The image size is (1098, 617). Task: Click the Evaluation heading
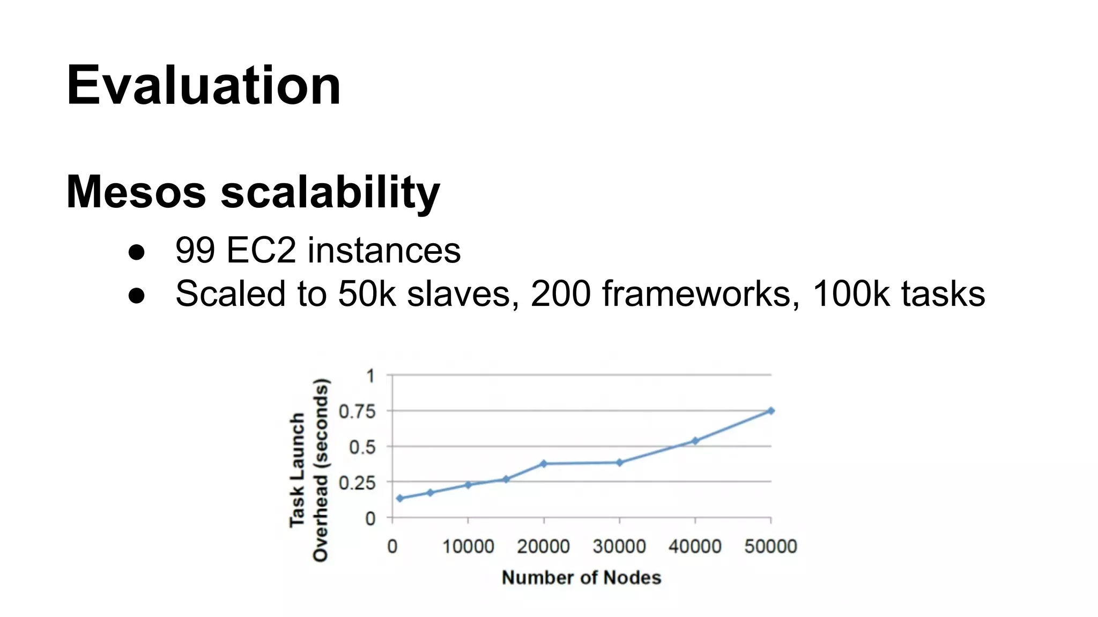pos(203,86)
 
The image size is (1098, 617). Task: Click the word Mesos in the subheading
pos(136,192)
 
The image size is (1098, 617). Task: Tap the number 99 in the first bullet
pos(195,250)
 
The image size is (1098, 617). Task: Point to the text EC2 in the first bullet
pos(261,250)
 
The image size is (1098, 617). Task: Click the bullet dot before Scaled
pos(137,295)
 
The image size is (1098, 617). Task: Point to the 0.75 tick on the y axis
pos(357,411)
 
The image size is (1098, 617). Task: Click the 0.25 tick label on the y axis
pos(357,483)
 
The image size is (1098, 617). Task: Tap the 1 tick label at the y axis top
pos(370,376)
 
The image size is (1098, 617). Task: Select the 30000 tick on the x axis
pos(619,546)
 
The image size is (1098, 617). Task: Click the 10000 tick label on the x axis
pos(468,546)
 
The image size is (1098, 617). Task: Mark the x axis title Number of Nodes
pos(581,577)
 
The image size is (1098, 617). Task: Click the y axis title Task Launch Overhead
pos(309,470)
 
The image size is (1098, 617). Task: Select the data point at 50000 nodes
pos(771,411)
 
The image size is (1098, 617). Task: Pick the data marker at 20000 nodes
pos(544,463)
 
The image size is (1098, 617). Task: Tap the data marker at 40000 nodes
pos(695,441)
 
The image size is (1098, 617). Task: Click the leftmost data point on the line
pos(399,498)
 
